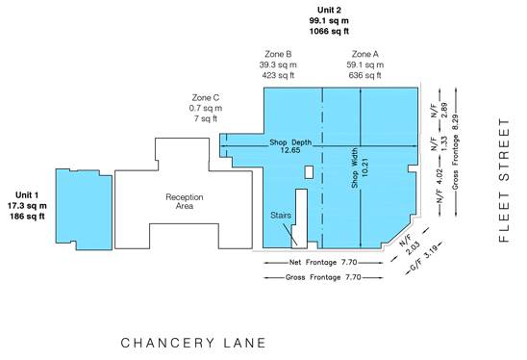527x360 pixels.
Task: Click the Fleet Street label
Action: tap(504, 180)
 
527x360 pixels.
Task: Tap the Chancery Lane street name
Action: tap(193, 343)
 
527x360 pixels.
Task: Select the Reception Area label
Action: tap(185, 201)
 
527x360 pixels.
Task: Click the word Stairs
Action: tap(281, 216)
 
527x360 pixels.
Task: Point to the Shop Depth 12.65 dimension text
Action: tap(290, 146)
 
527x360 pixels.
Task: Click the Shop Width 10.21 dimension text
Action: tap(360, 167)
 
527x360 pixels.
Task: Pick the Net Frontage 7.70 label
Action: tap(323, 262)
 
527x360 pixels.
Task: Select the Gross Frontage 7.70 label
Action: tap(323, 277)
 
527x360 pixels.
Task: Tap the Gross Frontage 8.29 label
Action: tap(456, 152)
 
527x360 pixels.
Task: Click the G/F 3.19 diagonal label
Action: tap(424, 257)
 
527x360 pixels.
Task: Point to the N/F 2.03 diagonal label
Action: tap(410, 244)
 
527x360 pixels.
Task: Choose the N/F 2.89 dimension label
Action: tap(439, 111)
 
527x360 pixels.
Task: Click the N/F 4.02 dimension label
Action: tap(439, 186)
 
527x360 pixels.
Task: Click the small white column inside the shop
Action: tap(309, 172)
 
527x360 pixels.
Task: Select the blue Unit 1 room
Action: tap(84, 209)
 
